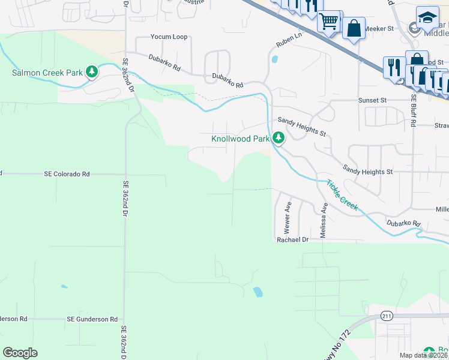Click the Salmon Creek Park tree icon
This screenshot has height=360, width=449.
pos(92,73)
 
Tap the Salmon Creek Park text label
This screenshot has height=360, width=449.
pos(47,73)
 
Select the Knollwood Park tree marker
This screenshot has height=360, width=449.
pos(279,138)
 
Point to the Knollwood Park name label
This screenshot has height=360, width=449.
pos(240,139)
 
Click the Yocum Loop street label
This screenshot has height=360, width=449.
pos(169,37)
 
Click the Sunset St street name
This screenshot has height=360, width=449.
pos(373,100)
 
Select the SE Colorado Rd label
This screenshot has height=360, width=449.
pos(67,174)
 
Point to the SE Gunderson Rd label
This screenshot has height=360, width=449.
pos(92,319)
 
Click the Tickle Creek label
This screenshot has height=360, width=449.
pos(342,195)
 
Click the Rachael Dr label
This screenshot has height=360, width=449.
pos(292,239)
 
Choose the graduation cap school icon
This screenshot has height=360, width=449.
pos(427,16)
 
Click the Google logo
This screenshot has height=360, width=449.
pos(20,353)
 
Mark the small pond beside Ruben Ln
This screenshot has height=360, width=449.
pos(275,59)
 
